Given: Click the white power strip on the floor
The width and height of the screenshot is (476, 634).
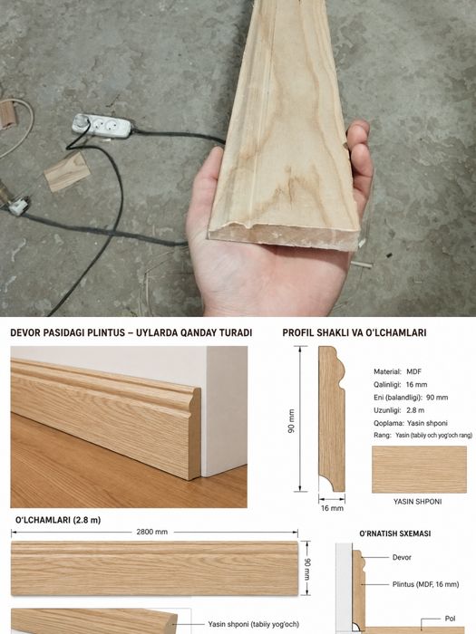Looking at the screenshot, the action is click(102, 126).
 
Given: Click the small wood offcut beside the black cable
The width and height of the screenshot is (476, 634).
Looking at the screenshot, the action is click(67, 171).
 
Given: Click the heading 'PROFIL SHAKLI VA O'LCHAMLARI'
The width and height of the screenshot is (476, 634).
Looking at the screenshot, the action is click(355, 332).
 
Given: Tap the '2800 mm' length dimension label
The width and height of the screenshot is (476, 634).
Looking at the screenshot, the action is click(151, 532).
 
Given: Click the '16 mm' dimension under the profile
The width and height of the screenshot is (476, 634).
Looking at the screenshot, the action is click(332, 508).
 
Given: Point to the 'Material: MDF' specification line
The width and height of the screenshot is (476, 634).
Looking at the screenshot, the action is click(397, 371).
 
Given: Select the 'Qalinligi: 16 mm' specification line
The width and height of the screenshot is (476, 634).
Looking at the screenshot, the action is click(400, 385).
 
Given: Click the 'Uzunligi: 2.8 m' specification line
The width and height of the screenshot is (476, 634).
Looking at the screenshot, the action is click(399, 410).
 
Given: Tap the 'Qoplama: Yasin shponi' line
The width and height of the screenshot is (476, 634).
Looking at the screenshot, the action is click(411, 423).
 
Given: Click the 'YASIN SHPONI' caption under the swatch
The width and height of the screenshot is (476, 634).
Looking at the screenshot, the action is click(417, 502).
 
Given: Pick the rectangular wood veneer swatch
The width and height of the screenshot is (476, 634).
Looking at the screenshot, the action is click(419, 469).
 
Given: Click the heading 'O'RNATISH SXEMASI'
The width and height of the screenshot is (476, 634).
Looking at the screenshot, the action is click(395, 533).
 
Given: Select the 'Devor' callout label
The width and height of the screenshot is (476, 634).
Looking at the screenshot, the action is click(402, 558).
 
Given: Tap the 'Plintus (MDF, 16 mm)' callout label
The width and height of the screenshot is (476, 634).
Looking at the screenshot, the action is click(426, 584).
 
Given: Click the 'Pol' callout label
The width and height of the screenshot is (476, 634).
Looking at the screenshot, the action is click(450, 619).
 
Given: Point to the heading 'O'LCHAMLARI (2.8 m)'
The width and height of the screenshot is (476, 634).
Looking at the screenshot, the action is click(58, 520).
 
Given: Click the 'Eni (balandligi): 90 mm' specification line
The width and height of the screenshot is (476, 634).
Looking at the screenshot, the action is click(411, 398).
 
